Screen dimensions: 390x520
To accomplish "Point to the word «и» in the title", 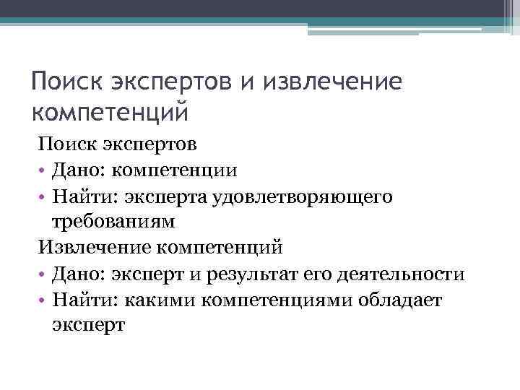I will coord(249,82).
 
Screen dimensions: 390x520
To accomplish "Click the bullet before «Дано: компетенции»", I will coord(43,170).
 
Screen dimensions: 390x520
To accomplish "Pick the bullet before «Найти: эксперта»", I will coord(43,196).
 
